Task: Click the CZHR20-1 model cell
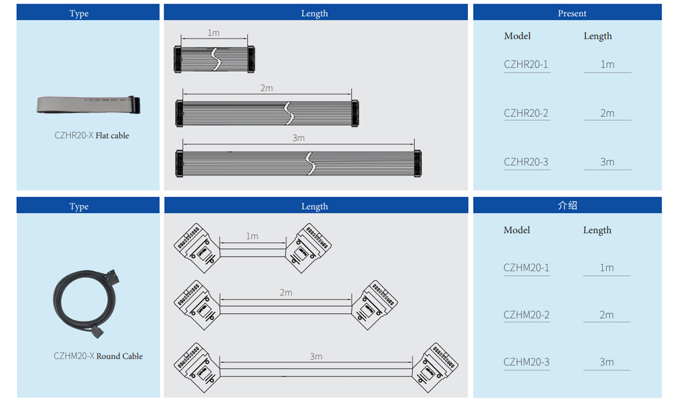click(526, 65)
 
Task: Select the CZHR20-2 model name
click(526, 113)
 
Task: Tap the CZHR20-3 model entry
click(526, 162)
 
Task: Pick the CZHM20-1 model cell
click(526, 268)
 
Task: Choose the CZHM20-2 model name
click(526, 315)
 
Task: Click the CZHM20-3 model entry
click(526, 362)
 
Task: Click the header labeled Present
click(572, 13)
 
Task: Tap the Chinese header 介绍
click(567, 205)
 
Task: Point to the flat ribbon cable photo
click(88, 104)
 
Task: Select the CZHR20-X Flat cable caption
click(91, 135)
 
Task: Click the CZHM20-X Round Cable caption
click(98, 356)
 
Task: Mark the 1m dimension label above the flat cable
click(213, 33)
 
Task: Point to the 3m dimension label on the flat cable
click(298, 138)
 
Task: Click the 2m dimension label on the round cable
click(286, 293)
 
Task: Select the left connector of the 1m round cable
click(196, 247)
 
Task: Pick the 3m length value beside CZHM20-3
click(606, 362)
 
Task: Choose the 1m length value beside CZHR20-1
click(607, 65)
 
